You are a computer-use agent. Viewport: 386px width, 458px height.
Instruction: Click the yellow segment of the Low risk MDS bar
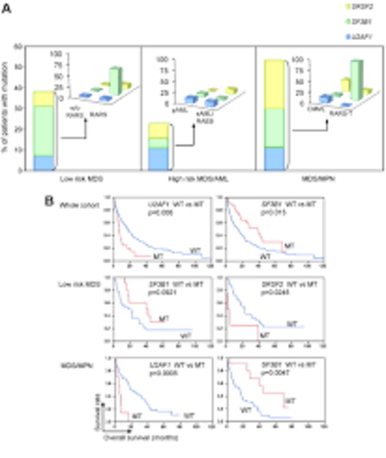(44, 98)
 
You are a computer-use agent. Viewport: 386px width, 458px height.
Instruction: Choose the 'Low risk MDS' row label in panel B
(91, 285)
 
